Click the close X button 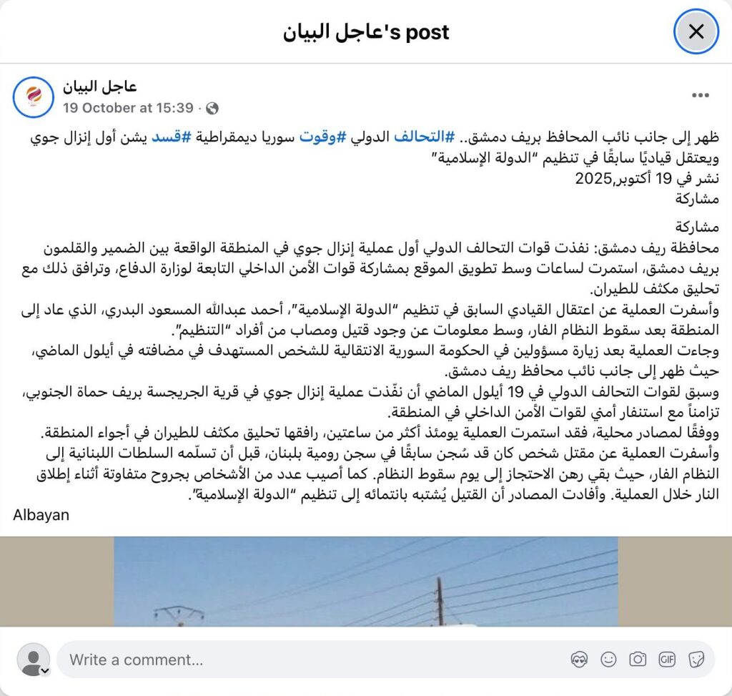click(x=696, y=31)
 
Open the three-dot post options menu click(x=701, y=95)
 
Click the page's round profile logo click(x=33, y=97)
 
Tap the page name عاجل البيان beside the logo click(x=99, y=87)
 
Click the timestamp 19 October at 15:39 click(x=128, y=108)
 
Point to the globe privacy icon click(x=212, y=109)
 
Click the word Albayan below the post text click(x=41, y=514)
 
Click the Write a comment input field click(x=286, y=660)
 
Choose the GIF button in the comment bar click(x=667, y=660)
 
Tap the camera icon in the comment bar click(x=638, y=660)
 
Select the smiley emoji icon click(x=608, y=660)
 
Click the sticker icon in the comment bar click(x=696, y=660)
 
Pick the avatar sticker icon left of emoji click(x=579, y=660)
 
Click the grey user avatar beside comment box click(x=32, y=660)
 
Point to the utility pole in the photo click(x=440, y=601)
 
